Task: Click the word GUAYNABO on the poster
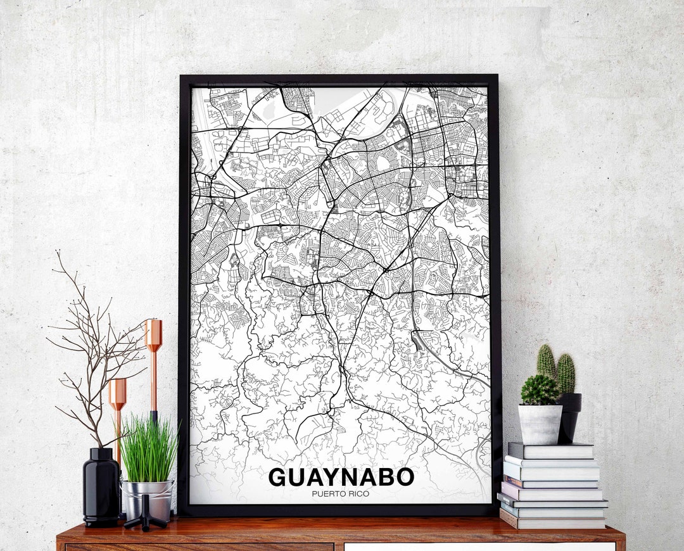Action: tap(341, 478)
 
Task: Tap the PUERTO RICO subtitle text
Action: tap(341, 494)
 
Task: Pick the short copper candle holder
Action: tap(117, 412)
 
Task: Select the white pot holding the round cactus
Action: tap(540, 424)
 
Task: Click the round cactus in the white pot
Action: tap(540, 390)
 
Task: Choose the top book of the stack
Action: tap(551, 450)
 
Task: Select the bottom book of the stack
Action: tap(552, 522)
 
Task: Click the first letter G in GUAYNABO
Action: tap(277, 478)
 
